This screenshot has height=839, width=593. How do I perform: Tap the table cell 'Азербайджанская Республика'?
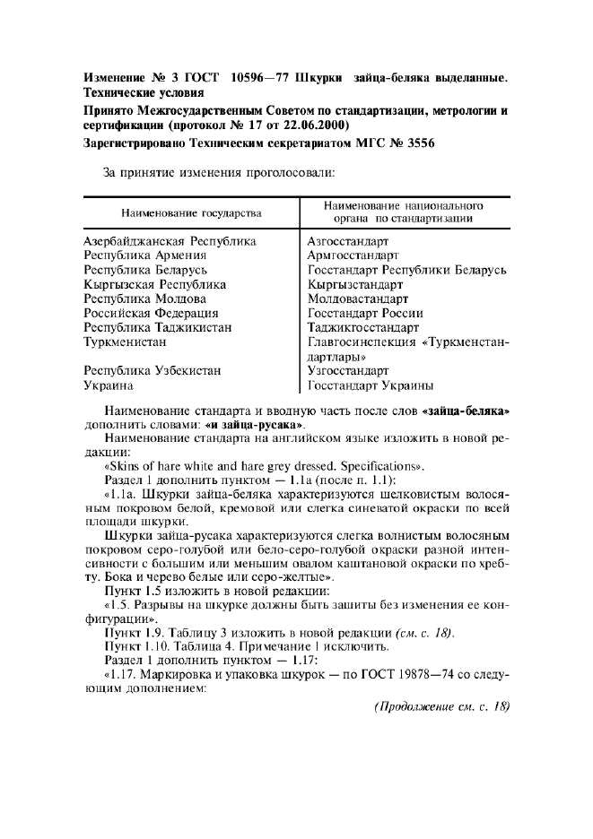170,242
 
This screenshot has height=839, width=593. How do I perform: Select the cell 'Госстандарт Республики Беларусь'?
407,270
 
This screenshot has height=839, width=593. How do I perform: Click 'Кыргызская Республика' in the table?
154,284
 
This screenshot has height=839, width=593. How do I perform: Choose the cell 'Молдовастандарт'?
357,298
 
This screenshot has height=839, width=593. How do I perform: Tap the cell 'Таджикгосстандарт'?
362,327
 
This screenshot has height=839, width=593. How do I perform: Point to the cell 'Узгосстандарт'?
347,370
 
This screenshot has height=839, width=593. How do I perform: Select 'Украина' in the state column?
109,385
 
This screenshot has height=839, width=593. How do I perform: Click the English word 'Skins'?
126,466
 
